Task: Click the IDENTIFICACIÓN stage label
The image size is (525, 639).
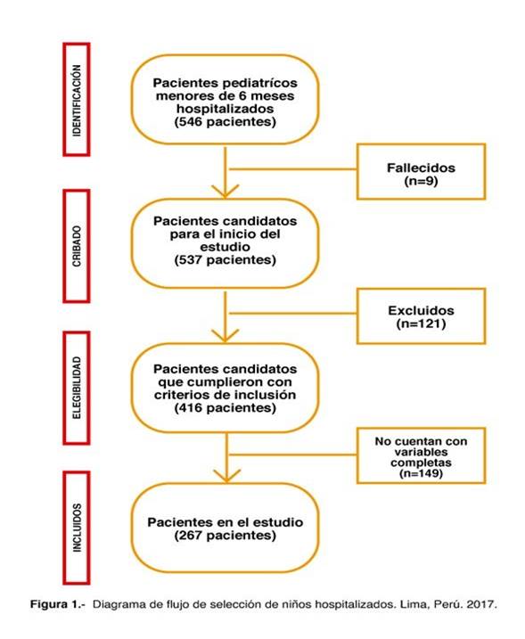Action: point(77,100)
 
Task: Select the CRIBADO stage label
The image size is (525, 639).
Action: point(77,246)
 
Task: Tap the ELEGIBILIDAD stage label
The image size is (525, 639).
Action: point(77,388)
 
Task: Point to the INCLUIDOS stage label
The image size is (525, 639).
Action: point(77,528)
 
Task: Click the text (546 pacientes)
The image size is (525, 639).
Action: point(225,122)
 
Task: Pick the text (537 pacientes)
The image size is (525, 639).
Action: point(225,260)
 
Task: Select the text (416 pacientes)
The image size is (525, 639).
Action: point(225,408)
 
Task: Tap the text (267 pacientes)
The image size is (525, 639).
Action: point(225,535)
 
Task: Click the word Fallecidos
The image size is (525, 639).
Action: point(421,168)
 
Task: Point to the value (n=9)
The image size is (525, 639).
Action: point(421,181)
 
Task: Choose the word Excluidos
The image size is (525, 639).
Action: point(421,310)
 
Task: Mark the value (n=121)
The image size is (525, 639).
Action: point(421,324)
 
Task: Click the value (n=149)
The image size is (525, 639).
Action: point(421,473)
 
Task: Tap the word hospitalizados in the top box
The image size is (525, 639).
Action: point(225,109)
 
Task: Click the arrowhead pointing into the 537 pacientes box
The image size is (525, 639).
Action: point(225,192)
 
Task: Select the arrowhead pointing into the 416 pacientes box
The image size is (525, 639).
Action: point(225,335)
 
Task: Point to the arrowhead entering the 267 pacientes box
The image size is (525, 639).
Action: point(227,476)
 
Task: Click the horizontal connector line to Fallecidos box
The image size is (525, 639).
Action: point(293,168)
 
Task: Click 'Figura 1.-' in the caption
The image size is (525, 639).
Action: point(58,604)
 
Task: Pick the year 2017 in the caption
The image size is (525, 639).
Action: point(482,604)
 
